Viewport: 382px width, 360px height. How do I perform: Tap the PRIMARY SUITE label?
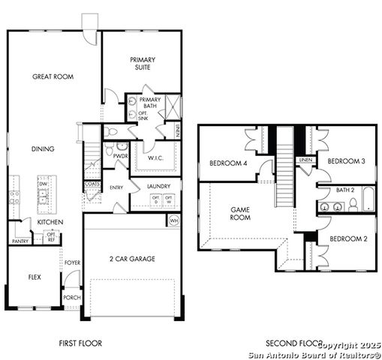141,63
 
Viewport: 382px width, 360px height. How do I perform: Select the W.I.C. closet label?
156,157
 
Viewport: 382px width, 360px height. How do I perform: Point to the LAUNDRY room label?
158,186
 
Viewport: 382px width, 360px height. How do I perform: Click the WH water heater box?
173,220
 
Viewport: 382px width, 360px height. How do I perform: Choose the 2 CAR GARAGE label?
132,259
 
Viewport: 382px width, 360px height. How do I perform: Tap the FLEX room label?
35,277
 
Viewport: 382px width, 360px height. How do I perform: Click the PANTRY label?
20,241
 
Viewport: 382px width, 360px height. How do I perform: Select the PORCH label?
72,297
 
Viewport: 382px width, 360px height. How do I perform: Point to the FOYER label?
72,262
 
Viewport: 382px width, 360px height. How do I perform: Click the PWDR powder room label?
119,157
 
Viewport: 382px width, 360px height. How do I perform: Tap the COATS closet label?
92,184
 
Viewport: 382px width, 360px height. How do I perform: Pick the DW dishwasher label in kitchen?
43,184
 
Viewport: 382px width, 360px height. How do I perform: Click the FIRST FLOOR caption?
80,343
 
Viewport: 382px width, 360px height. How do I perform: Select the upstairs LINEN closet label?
305,160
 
